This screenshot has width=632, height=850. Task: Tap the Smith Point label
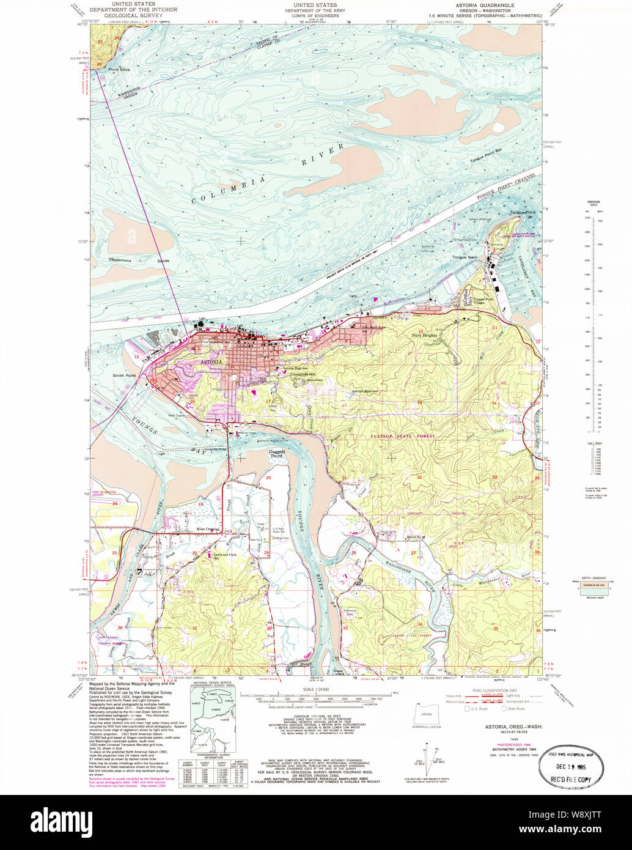123,375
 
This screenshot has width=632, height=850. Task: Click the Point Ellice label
119,70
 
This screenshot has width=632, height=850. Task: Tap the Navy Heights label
424,336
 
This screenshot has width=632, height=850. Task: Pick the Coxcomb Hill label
302,374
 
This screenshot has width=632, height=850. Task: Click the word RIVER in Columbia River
322,155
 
